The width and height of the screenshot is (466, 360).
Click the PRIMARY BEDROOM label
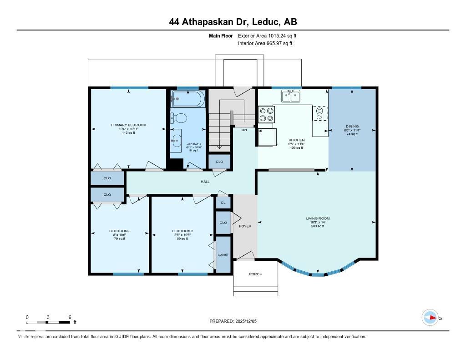point(129,125)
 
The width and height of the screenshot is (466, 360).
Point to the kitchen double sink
point(290,96)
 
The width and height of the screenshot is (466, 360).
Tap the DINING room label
point(352,127)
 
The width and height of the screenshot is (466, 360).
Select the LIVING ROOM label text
point(318,218)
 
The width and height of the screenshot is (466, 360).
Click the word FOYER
point(245,226)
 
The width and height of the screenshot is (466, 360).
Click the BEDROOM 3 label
point(120,231)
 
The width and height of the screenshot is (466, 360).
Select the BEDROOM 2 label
point(182,231)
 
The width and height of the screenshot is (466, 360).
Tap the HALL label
point(205,182)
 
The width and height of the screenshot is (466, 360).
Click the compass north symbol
point(430,318)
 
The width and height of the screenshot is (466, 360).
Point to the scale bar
point(48,322)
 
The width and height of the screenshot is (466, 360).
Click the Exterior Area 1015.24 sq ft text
point(267,35)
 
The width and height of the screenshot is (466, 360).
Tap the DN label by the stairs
point(244,129)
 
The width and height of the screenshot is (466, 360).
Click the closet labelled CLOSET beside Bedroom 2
point(223,255)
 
